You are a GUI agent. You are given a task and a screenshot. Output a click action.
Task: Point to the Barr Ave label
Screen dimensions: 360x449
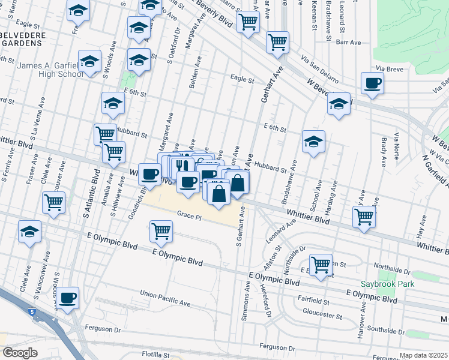pos(348,43)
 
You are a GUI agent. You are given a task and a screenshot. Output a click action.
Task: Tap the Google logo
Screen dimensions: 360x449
pos(20,353)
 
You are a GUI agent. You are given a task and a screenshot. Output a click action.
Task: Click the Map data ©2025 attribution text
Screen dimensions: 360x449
pos(423,355)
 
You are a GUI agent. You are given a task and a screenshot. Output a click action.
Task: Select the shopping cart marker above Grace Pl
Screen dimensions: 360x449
pos(161,231)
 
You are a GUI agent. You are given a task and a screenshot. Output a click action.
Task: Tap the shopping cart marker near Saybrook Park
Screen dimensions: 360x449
pos(321,263)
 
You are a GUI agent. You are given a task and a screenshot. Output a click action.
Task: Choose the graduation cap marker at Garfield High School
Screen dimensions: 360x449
pos(89,62)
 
